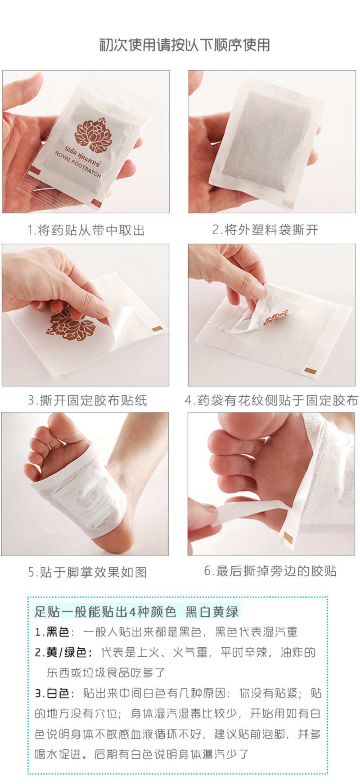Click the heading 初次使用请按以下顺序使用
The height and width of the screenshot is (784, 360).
184,45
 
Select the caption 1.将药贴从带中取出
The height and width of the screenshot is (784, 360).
86,230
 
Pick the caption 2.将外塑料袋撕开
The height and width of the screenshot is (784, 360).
265,230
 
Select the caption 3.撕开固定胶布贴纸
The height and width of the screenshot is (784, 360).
87,400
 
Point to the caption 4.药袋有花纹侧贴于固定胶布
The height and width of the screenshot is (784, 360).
271,400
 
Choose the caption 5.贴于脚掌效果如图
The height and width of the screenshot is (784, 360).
87,572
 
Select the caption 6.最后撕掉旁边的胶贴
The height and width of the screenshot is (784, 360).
270,571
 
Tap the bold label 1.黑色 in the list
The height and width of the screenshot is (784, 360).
52,632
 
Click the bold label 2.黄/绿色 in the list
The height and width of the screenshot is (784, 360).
63,653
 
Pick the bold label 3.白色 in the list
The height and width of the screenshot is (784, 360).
52,693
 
